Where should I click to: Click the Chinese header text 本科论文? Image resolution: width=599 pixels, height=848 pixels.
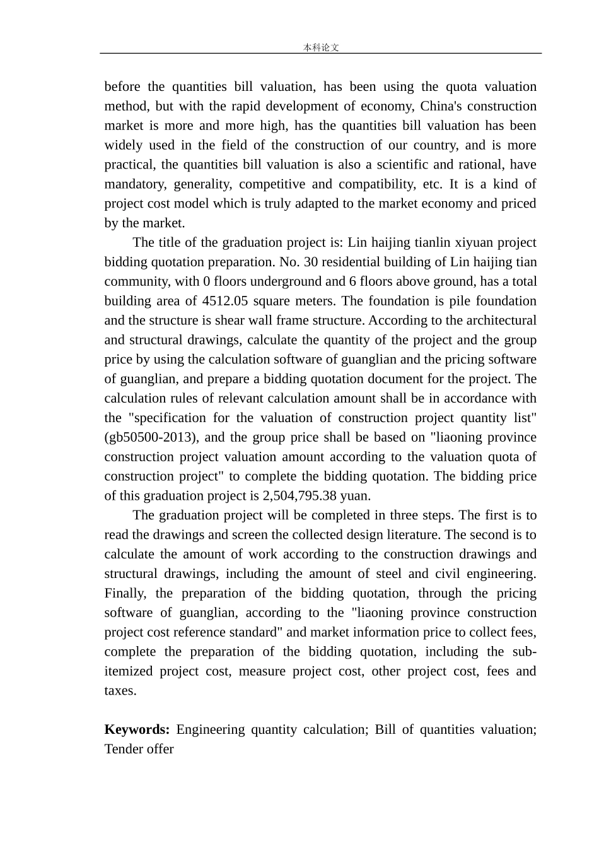[321, 47]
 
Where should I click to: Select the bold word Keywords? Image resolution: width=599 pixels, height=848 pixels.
[137, 729]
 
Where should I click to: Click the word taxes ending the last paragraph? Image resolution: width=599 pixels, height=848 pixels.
[119, 691]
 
